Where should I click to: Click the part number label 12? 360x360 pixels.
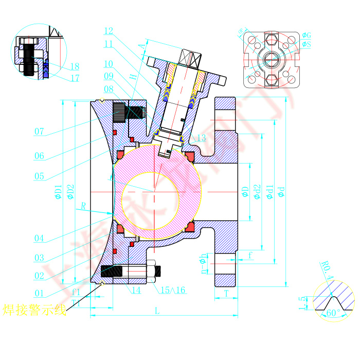[x=108, y=30]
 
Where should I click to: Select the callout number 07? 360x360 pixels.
[x=39, y=131]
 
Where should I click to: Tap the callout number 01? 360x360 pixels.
[x=39, y=293]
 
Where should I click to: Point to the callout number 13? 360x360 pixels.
[x=201, y=138]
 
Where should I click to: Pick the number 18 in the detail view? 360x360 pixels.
[x=75, y=66]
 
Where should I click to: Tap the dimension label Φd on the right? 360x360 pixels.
[x=281, y=192]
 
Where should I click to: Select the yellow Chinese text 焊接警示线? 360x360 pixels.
[x=34, y=310]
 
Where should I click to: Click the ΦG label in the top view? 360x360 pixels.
[x=307, y=35]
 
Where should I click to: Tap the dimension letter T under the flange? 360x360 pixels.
[x=226, y=293]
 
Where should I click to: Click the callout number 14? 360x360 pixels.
[x=135, y=291]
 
